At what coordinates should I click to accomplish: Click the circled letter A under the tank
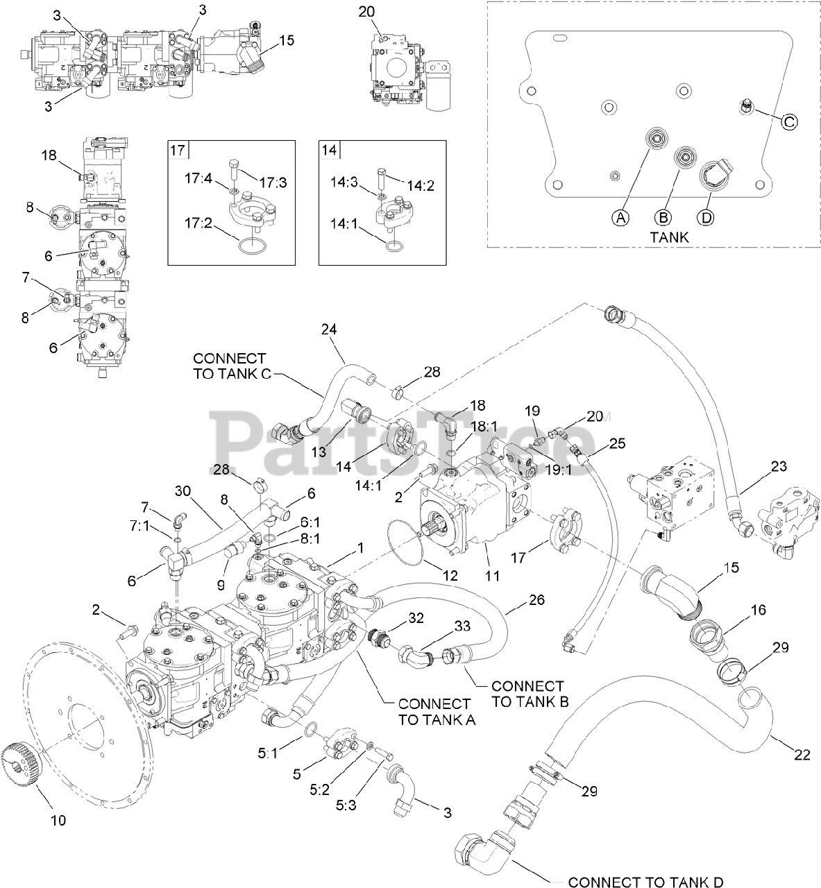620,217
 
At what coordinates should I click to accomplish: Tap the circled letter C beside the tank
789,121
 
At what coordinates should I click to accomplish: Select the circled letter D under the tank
706,217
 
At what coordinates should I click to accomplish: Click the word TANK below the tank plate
670,237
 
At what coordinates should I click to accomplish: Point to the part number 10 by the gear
58,820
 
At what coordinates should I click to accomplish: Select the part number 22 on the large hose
802,755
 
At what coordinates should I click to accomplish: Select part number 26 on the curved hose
536,599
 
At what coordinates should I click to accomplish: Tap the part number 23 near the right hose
779,467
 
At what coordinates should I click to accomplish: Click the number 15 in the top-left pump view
287,40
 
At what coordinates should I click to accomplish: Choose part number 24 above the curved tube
328,330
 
